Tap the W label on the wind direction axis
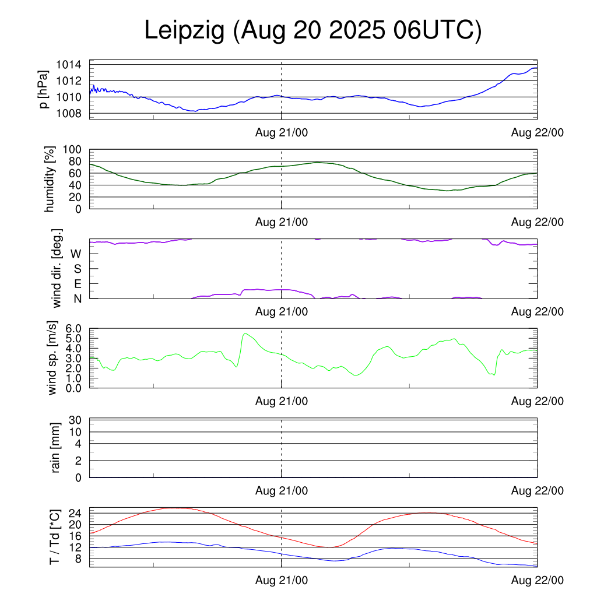click(76, 254)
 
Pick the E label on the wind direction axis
click(77, 283)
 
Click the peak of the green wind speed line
click(245, 333)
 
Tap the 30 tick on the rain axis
click(76, 420)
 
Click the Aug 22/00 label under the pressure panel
click(537, 132)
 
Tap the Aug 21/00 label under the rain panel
click(282, 490)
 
